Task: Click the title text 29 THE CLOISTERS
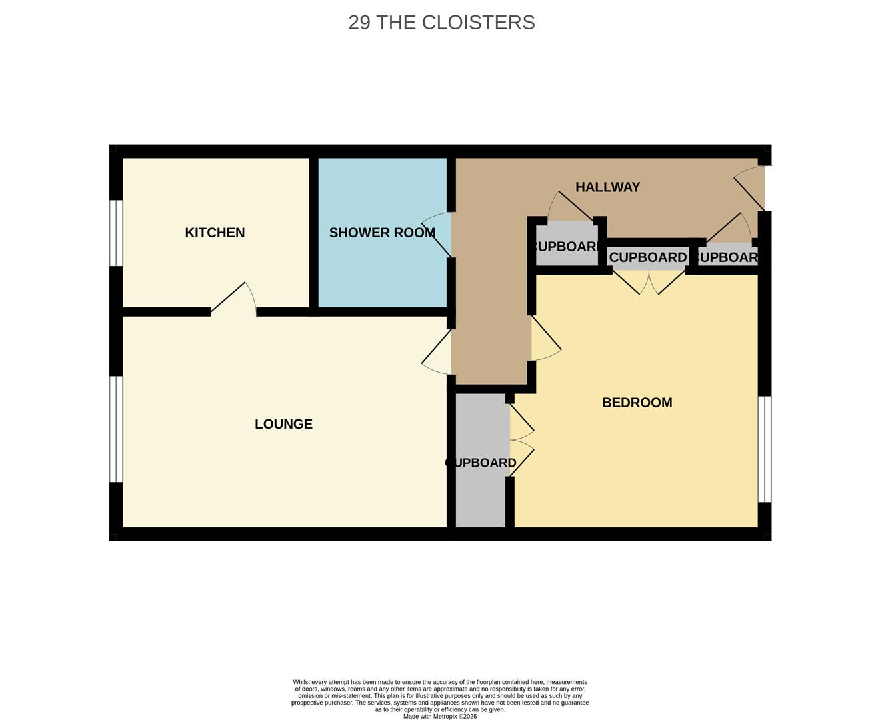pyautogui.click(x=441, y=22)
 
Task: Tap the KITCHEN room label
pyautogui.click(x=215, y=233)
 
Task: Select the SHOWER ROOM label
pyautogui.click(x=382, y=233)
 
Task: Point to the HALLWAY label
pyautogui.click(x=607, y=187)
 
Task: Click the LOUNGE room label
pyautogui.click(x=283, y=424)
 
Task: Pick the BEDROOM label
pyautogui.click(x=637, y=403)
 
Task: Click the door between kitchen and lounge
pyautogui.click(x=233, y=299)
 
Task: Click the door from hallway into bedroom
pyautogui.click(x=545, y=339)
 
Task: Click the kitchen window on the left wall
pyautogui.click(x=116, y=233)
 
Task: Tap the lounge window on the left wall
pyautogui.click(x=116, y=429)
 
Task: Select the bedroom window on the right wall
pyautogui.click(x=765, y=449)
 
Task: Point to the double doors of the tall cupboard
pyautogui.click(x=522, y=441)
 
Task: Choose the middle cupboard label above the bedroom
pyautogui.click(x=648, y=257)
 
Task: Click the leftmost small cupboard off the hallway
pyautogui.click(x=567, y=245)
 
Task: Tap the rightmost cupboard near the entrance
pyautogui.click(x=727, y=257)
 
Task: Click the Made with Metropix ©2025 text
pyautogui.click(x=440, y=717)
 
